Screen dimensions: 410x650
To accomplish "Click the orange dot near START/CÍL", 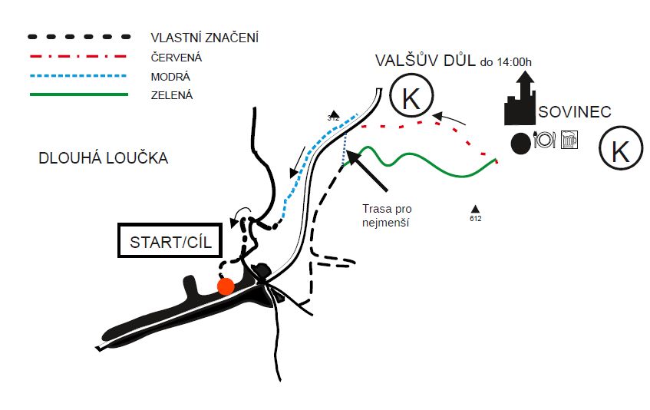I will pos(225,286).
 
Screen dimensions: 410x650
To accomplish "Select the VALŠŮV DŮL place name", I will pos(424,61).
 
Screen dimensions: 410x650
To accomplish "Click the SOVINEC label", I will pos(575,113).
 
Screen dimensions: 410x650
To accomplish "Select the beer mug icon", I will pos(569,140).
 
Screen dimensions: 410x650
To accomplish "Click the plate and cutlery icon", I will pos(544,140).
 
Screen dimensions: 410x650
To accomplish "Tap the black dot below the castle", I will pos(520,141).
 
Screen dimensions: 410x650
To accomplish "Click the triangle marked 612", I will pos(476,209).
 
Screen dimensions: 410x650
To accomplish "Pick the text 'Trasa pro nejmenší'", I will pos(387,215).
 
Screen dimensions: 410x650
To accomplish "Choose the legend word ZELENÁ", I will pos(173,95).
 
